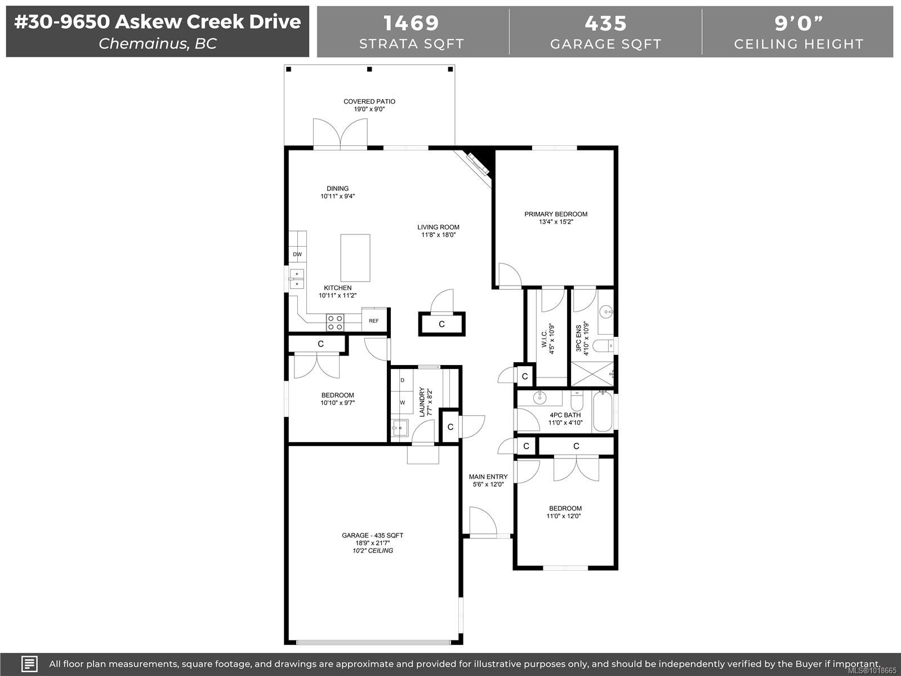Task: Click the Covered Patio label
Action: (x=369, y=102)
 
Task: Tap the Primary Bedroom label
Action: (x=555, y=214)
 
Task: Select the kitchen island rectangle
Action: (x=355, y=258)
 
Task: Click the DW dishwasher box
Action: (x=297, y=255)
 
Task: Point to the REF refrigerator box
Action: (x=374, y=321)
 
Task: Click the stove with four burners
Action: (x=335, y=323)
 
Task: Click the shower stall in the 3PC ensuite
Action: (x=592, y=373)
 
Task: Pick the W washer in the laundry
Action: (x=402, y=403)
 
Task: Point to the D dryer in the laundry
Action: (x=402, y=380)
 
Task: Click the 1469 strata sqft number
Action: (x=411, y=24)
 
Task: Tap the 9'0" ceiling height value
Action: (x=799, y=24)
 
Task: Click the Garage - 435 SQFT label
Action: (x=372, y=536)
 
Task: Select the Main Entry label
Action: (x=488, y=477)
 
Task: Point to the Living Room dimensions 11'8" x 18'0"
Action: (x=438, y=235)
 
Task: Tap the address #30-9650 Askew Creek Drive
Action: (x=157, y=22)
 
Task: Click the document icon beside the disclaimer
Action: (x=29, y=664)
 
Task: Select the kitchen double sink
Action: (x=296, y=279)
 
